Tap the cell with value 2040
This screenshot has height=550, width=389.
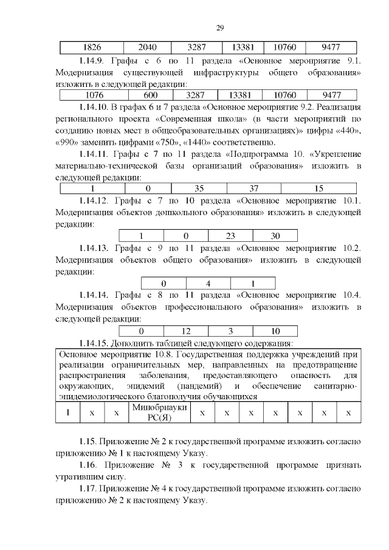pyautogui.click(x=147, y=47)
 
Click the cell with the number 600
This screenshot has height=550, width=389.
pyautogui.click(x=150, y=95)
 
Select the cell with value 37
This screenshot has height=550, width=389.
pyautogui.click(x=253, y=188)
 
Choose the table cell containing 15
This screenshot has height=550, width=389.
pyautogui.click(x=318, y=188)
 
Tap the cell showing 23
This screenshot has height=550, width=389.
pyautogui.click(x=230, y=236)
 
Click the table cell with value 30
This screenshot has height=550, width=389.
pyautogui.click(x=275, y=236)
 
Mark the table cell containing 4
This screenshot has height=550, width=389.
pyautogui.click(x=208, y=283)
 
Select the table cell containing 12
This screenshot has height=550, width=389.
pyautogui.click(x=186, y=331)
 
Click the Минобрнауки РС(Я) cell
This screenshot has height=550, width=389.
pyautogui.click(x=159, y=413)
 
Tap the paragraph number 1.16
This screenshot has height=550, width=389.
pyautogui.click(x=88, y=466)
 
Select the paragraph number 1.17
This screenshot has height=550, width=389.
pyautogui.click(x=88, y=489)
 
